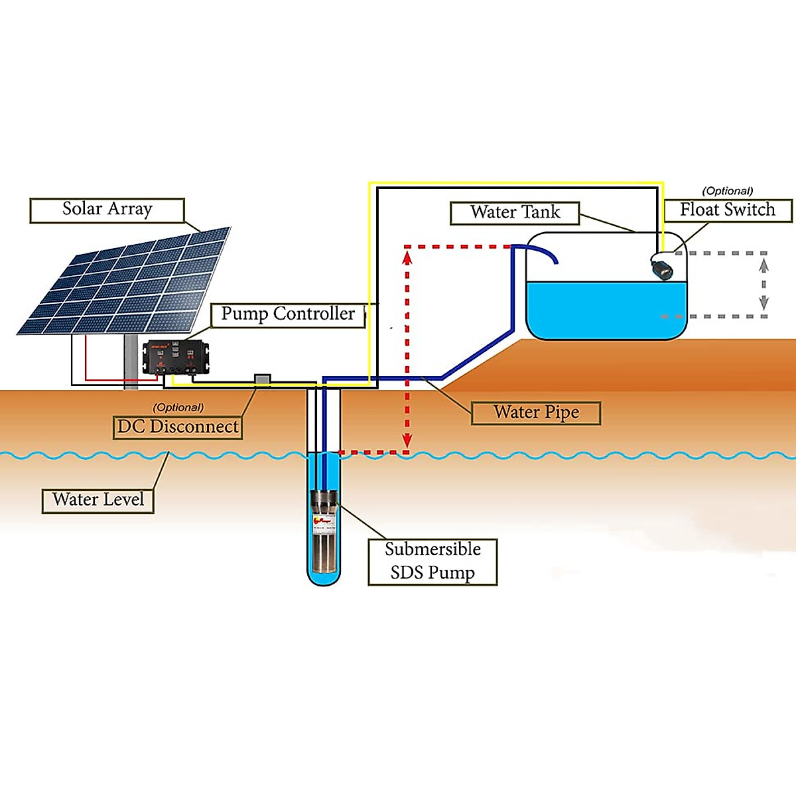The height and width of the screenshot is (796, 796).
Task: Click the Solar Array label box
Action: (x=107, y=210)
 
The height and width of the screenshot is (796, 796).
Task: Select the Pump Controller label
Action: (x=288, y=314)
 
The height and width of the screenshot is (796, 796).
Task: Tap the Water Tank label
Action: (x=515, y=213)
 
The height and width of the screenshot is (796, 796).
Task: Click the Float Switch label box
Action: (x=728, y=210)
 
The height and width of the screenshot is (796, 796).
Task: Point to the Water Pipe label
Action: (x=536, y=413)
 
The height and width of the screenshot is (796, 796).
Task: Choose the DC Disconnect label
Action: (x=178, y=427)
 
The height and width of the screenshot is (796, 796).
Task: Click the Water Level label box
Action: (x=98, y=499)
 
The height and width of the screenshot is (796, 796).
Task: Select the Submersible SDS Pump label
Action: (x=432, y=561)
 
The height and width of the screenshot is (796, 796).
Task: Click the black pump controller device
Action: (x=176, y=357)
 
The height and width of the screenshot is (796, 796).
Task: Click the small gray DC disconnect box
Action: (x=263, y=380)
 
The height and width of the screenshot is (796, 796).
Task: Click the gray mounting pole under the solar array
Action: (x=130, y=362)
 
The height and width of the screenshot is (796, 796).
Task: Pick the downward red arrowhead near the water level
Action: (x=407, y=441)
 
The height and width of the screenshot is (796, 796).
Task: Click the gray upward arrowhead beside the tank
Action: (x=763, y=264)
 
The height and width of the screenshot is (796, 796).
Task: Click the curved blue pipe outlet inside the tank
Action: (x=541, y=251)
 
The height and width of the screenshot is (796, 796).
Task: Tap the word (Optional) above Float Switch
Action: (x=728, y=191)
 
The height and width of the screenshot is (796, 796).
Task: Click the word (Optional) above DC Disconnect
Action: (x=178, y=407)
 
